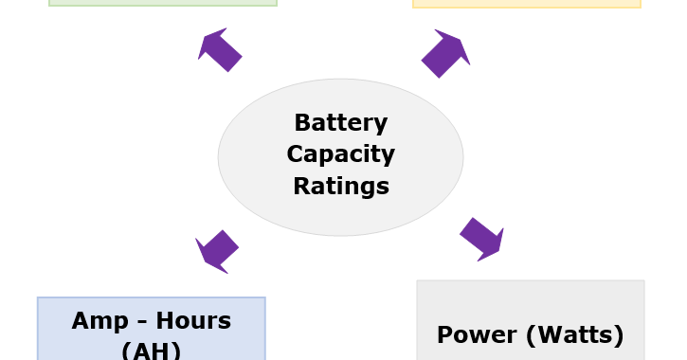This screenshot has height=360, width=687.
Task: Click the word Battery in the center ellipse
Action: (340, 123)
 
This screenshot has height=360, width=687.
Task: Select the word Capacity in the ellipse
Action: (340, 154)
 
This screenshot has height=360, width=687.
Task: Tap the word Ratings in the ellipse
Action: (340, 186)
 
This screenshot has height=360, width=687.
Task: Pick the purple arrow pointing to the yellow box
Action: (445, 53)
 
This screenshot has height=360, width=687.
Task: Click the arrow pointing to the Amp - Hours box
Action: (217, 251)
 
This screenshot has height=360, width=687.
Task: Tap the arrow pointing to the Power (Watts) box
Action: (482, 240)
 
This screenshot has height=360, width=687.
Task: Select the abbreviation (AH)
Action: (151, 350)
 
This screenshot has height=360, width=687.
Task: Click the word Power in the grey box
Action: (473, 335)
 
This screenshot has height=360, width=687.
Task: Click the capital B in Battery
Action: (302, 123)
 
